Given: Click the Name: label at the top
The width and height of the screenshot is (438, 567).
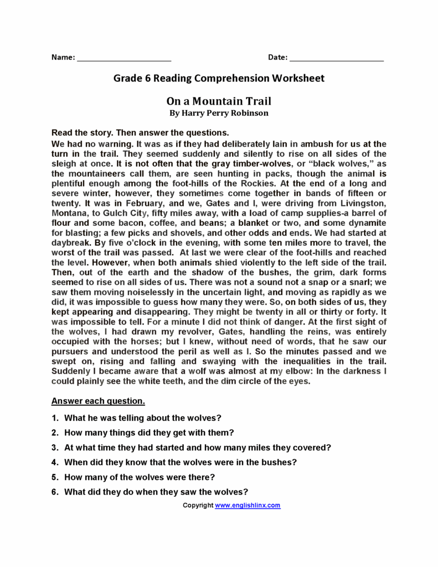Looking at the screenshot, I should point(63,57).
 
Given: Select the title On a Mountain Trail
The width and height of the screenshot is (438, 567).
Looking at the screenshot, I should point(219,101).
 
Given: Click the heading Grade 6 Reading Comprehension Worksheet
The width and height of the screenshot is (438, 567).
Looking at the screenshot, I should point(219,78).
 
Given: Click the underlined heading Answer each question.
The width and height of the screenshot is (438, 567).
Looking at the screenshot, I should point(98,400).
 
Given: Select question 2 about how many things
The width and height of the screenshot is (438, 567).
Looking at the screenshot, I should point(149,432).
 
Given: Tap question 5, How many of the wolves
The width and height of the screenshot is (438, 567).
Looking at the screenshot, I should point(140,477).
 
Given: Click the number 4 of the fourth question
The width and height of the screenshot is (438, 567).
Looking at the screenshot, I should point(55,462).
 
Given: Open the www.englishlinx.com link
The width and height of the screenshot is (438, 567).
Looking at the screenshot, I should point(248,505).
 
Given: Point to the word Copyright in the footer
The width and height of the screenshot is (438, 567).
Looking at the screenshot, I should point(198,505).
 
